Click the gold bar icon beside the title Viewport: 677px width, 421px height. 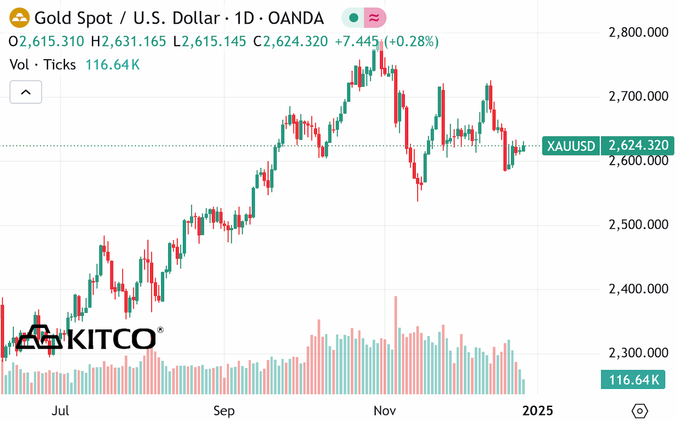(x=19, y=17)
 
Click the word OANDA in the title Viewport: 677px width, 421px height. (x=296, y=18)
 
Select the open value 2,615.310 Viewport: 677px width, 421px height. (x=52, y=41)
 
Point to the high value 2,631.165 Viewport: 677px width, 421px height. (x=134, y=41)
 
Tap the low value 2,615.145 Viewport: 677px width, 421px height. (x=214, y=41)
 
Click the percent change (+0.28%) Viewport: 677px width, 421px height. (x=411, y=41)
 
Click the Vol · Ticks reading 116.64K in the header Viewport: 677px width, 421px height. (x=113, y=65)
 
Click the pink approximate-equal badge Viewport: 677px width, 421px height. (x=375, y=18)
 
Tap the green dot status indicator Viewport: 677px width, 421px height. (x=353, y=18)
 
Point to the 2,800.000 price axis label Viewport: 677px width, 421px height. (x=638, y=32)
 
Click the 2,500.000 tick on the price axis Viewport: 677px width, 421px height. (x=638, y=225)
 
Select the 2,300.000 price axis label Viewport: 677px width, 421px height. (x=638, y=353)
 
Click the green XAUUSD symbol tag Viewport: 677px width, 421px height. (x=571, y=146)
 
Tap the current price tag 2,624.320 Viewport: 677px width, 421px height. (x=638, y=145)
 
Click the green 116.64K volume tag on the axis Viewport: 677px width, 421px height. (x=633, y=379)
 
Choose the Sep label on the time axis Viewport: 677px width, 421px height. (x=224, y=411)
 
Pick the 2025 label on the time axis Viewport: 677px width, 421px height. (x=538, y=411)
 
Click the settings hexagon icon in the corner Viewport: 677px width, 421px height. (x=640, y=411)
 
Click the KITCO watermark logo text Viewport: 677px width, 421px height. (x=111, y=339)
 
